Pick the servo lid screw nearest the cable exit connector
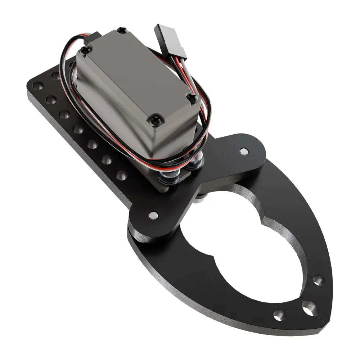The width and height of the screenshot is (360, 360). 85,51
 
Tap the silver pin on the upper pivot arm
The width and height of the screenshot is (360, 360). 244,151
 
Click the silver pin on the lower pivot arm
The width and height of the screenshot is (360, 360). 153,216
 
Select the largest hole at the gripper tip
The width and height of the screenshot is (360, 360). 309,308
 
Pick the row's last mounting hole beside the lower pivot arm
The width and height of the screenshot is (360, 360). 121,176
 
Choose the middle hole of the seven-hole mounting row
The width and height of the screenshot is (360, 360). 78,129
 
